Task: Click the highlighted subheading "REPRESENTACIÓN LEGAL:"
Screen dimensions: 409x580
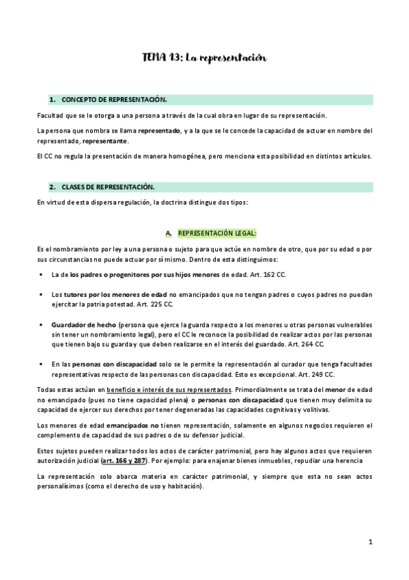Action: coord(218,233)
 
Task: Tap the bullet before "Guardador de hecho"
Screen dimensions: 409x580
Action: coord(42,324)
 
